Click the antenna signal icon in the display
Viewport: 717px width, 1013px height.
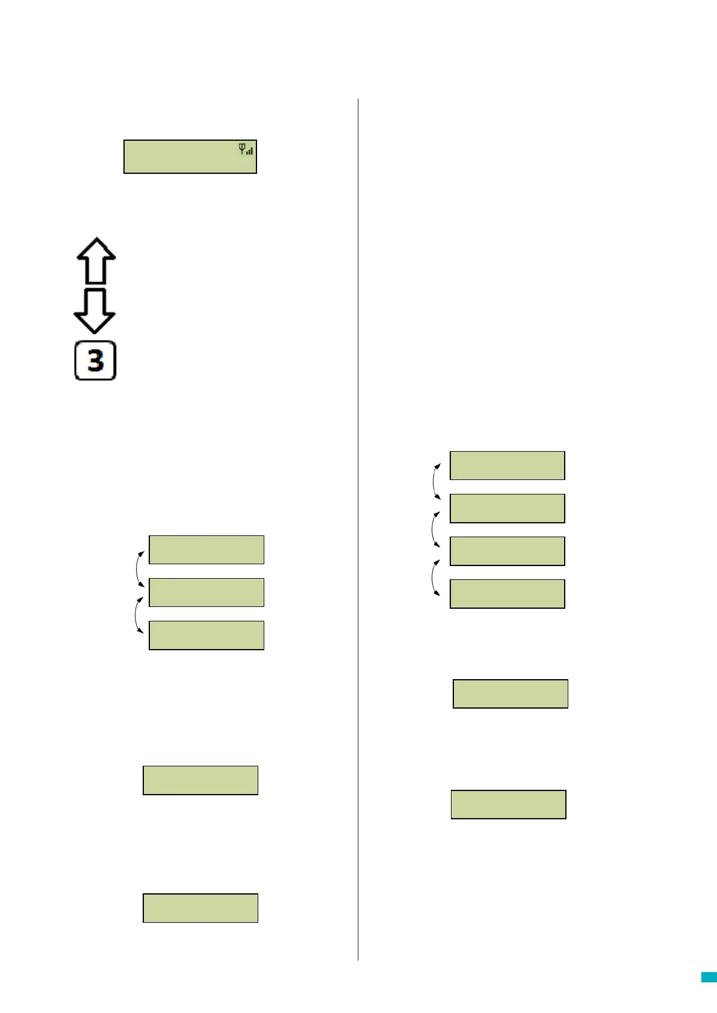click(246, 149)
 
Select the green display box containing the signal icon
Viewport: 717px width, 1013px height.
click(190, 157)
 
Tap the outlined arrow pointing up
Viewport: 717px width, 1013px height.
click(96, 261)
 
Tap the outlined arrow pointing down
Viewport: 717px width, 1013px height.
click(95, 310)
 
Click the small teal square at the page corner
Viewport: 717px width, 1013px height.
click(709, 978)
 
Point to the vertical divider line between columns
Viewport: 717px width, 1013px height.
click(358, 529)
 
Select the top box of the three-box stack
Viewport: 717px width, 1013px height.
click(206, 550)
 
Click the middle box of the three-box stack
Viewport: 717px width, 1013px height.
click(206, 593)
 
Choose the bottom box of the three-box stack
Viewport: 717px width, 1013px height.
click(206, 635)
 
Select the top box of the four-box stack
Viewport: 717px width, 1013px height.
click(507, 466)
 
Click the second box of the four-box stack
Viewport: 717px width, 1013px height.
click(507, 508)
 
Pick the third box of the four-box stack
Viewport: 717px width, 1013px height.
click(507, 551)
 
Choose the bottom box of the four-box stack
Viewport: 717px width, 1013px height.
click(507, 594)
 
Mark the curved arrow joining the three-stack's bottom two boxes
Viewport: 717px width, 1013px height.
click(138, 615)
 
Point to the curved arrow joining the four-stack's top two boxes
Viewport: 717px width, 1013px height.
click(435, 481)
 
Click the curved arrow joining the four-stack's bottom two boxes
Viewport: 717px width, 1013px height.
click(434, 577)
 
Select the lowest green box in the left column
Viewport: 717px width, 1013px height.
click(200, 908)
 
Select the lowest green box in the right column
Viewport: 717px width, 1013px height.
click(509, 804)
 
